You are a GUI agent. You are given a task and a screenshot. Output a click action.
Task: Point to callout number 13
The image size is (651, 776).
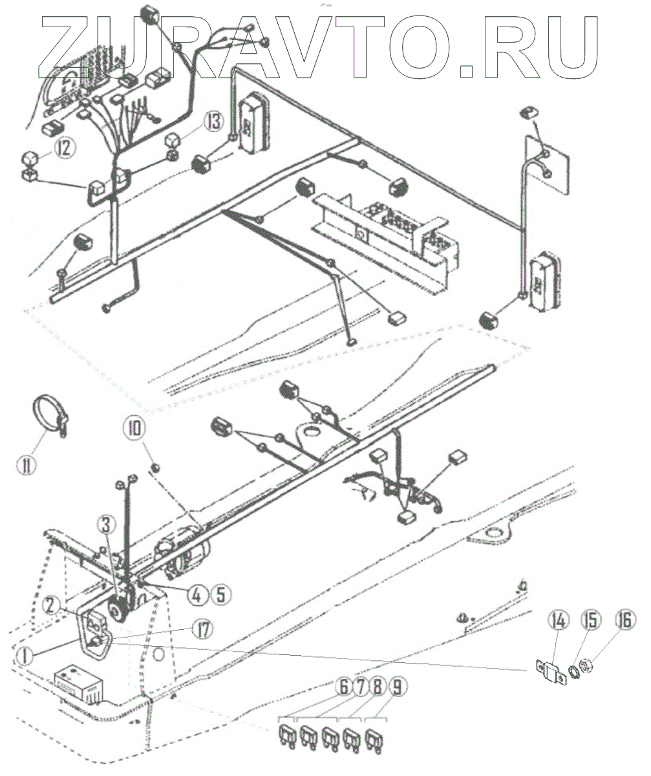214,120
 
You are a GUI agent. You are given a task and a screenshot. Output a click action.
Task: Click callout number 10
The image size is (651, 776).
137,428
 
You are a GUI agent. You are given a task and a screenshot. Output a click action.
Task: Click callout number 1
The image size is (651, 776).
24,655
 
